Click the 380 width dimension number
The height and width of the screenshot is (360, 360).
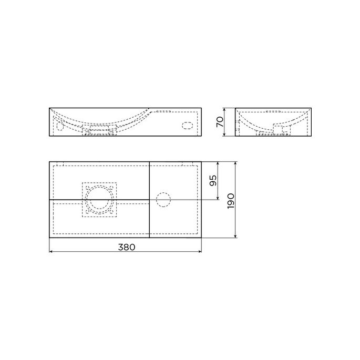pos(125,247)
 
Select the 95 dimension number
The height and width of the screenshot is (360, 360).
pos(213,181)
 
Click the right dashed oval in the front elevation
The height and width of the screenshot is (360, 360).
pos(187,126)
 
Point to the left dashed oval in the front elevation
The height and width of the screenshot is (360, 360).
pos(58,126)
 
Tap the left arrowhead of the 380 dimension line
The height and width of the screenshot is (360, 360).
pos(51,251)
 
